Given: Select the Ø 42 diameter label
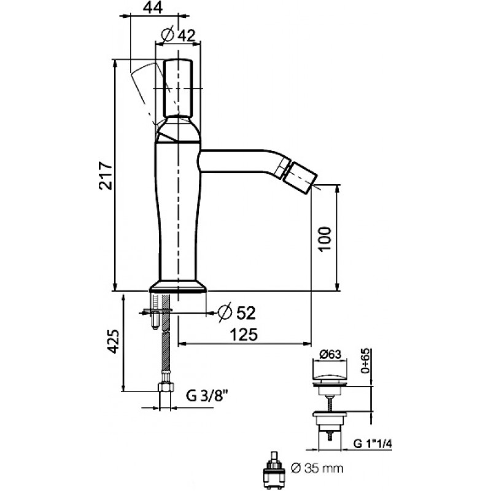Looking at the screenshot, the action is click(x=178, y=35).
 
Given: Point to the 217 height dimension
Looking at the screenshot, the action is click(x=106, y=176).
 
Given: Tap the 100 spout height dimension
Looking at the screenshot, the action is click(x=325, y=239).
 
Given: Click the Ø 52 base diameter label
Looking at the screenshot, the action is click(x=237, y=312).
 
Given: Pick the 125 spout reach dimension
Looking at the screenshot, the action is click(x=244, y=334).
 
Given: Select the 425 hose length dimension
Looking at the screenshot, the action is click(x=113, y=342).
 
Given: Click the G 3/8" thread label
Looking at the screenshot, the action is click(x=206, y=396).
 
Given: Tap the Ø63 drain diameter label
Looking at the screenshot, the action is click(x=330, y=354).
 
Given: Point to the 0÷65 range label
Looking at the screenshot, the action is click(x=365, y=360).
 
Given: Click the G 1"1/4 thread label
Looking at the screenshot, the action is click(x=373, y=443).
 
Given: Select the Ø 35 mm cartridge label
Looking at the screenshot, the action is click(x=317, y=468).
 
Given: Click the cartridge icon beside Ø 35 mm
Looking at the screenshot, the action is click(x=275, y=471).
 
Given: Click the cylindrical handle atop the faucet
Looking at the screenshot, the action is click(x=178, y=88).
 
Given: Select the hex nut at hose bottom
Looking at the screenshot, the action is click(x=166, y=387).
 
